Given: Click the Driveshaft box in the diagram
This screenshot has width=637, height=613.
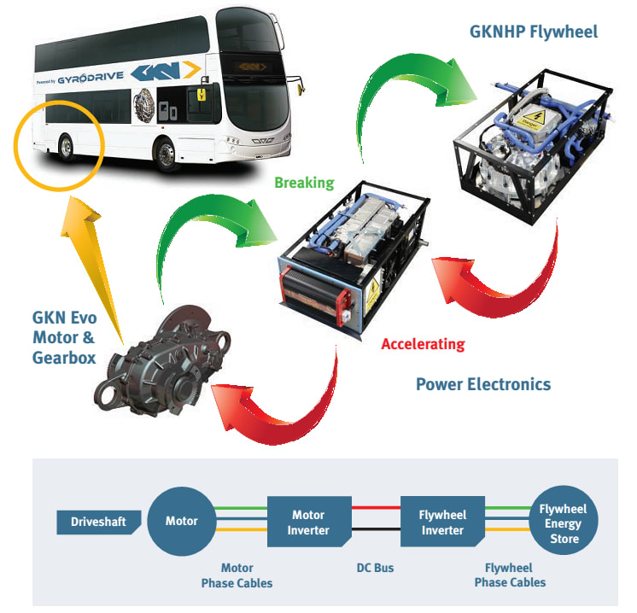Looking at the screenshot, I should pyautogui.click(x=95, y=522).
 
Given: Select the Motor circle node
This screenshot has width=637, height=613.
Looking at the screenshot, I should pyautogui.click(x=181, y=522).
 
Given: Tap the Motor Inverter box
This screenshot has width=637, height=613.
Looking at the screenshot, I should pyautogui.click(x=308, y=522).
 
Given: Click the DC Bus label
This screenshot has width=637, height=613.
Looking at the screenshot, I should pyautogui.click(x=375, y=568).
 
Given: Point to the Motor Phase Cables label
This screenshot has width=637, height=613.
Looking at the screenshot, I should pyautogui.click(x=237, y=575).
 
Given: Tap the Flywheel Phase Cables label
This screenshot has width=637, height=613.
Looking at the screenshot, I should pyautogui.click(x=509, y=575).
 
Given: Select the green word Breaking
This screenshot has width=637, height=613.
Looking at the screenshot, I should pyautogui.click(x=304, y=183).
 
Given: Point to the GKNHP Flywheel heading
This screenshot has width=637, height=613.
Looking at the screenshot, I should pyautogui.click(x=534, y=32).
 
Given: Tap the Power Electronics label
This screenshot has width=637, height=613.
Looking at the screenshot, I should pyautogui.click(x=483, y=384).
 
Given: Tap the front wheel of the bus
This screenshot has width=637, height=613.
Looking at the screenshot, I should pyautogui.click(x=164, y=156).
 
